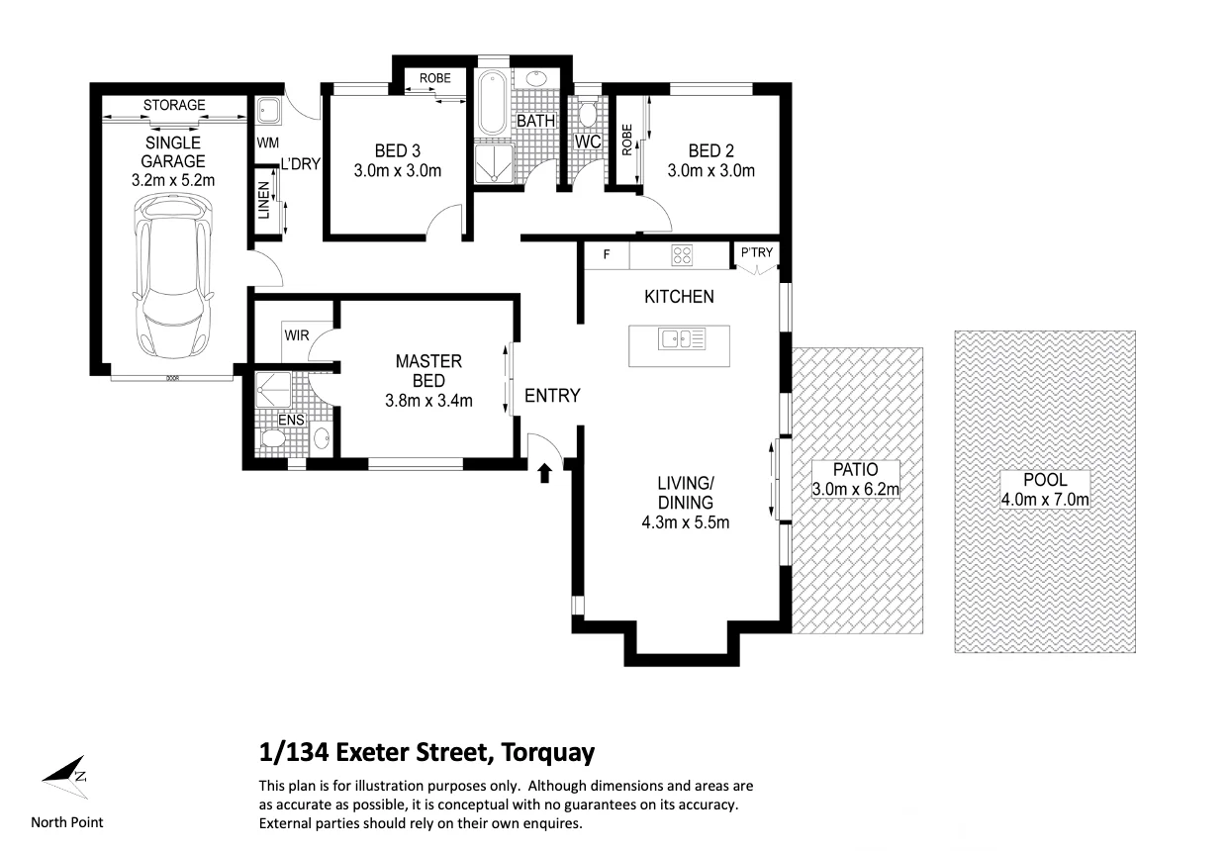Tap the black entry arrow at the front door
(543, 475)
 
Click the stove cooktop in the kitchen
(683, 255)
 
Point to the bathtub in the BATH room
(492, 104)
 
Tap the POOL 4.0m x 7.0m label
(1045, 490)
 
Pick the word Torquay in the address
(547, 753)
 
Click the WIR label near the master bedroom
(297, 335)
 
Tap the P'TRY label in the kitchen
(756, 253)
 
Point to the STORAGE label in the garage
(174, 104)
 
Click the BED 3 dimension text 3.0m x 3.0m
(397, 170)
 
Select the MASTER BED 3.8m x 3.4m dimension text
(428, 401)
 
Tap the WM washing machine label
(268, 143)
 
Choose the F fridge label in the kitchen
(606, 255)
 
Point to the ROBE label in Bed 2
(627, 141)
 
